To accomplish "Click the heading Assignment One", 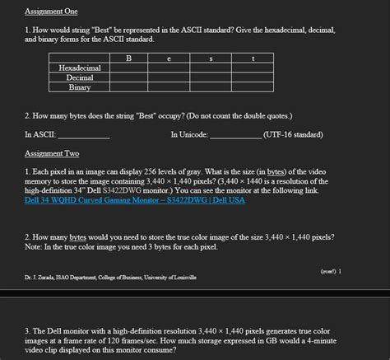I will (51, 12).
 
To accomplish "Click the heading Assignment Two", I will (51, 153).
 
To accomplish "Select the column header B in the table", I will (128, 58).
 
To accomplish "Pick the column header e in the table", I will (169, 58).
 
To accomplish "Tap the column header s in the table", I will (211, 58).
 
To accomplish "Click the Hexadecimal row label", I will (80, 68).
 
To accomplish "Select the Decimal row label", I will (80, 77).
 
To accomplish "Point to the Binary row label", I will (80, 87).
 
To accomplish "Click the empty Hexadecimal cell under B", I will (128, 68).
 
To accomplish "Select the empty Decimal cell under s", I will (211, 77).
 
